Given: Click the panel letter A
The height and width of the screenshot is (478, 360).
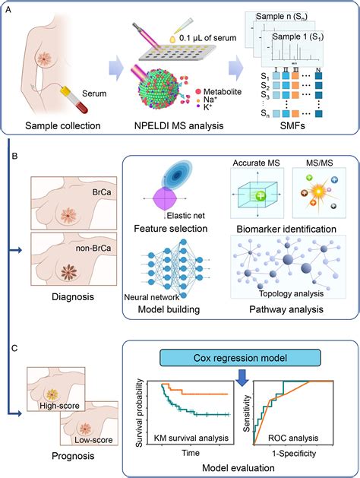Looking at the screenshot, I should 7,6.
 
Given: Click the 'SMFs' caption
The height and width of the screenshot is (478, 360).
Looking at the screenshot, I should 300,125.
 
